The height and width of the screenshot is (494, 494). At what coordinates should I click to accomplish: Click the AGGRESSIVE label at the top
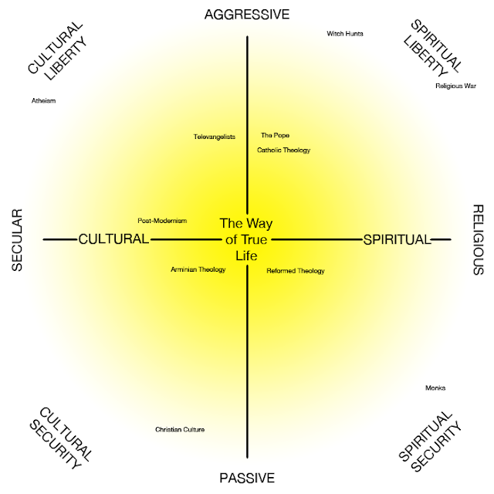tap(246, 15)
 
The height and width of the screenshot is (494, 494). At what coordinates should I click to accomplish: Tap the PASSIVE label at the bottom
tap(246, 478)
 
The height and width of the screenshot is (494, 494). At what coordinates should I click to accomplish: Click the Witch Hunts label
tap(345, 34)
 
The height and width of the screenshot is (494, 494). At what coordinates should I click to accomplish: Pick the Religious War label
tap(455, 86)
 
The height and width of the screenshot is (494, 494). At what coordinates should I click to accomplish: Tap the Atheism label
tap(43, 100)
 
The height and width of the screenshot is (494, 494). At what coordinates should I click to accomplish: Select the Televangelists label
tap(214, 137)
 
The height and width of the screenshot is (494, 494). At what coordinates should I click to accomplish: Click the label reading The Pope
tap(275, 135)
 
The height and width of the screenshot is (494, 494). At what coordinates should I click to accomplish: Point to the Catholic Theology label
tap(283, 150)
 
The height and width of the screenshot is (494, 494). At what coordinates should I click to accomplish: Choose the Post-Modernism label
tap(162, 220)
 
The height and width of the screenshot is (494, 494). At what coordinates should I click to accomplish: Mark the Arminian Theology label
tap(198, 269)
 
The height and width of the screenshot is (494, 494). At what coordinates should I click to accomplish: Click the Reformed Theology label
tap(296, 271)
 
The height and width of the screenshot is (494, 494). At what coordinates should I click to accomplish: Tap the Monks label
tap(435, 387)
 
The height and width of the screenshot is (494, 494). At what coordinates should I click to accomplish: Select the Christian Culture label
tap(180, 429)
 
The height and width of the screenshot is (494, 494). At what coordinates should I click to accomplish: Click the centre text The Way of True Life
tap(246, 239)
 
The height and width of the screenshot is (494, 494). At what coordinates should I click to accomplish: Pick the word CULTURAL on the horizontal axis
tap(113, 239)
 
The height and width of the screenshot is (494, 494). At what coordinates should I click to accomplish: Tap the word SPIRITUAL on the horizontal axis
tap(395, 239)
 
